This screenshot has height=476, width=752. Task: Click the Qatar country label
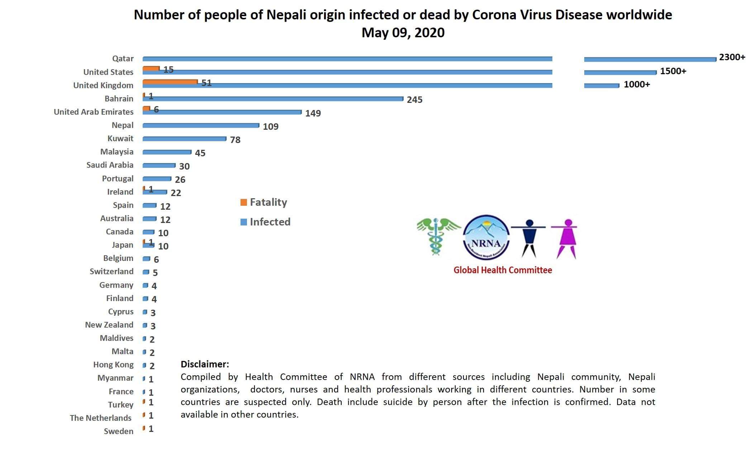[x=123, y=58]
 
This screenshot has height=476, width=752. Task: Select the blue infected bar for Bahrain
[x=272, y=99]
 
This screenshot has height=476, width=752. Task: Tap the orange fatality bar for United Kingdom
[x=170, y=82]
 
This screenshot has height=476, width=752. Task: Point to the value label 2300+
[x=732, y=57]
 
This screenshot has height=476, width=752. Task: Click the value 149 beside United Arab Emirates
[x=313, y=113]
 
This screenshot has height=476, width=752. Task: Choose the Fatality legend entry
[x=264, y=202]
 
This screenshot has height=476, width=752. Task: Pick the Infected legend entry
[x=265, y=222]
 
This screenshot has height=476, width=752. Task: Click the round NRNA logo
[x=486, y=237]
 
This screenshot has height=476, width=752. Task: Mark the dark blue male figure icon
[x=528, y=238]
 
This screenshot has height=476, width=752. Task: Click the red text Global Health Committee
[x=503, y=270]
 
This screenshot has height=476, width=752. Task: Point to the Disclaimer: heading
[x=205, y=364]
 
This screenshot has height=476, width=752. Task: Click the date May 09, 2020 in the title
[x=403, y=33]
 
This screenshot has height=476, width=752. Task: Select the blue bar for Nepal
[x=201, y=125]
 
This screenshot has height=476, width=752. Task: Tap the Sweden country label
[x=118, y=431]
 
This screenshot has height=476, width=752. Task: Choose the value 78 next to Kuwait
[x=235, y=140]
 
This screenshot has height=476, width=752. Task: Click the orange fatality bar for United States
[x=151, y=68]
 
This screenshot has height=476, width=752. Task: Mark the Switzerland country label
[x=111, y=271]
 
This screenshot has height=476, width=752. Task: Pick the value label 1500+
[x=673, y=71]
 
